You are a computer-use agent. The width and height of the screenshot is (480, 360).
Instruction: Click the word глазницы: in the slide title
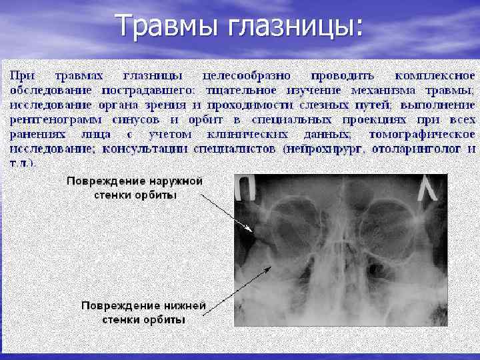296,26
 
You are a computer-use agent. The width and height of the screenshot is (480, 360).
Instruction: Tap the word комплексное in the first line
434,75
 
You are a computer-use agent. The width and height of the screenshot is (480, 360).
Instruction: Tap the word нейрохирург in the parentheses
323,149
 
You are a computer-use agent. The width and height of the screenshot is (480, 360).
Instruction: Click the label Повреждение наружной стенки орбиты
134,187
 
